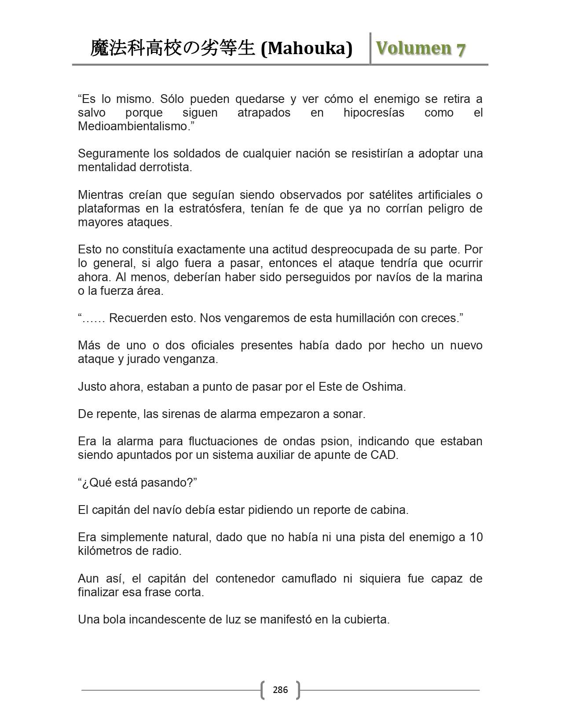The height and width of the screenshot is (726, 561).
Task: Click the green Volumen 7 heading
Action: (x=420, y=48)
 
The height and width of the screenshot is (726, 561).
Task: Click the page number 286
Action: (x=280, y=689)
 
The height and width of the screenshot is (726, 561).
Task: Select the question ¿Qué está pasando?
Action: (x=137, y=483)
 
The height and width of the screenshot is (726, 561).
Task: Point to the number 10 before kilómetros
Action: (x=476, y=537)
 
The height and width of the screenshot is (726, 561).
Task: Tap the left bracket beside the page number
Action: (x=263, y=689)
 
